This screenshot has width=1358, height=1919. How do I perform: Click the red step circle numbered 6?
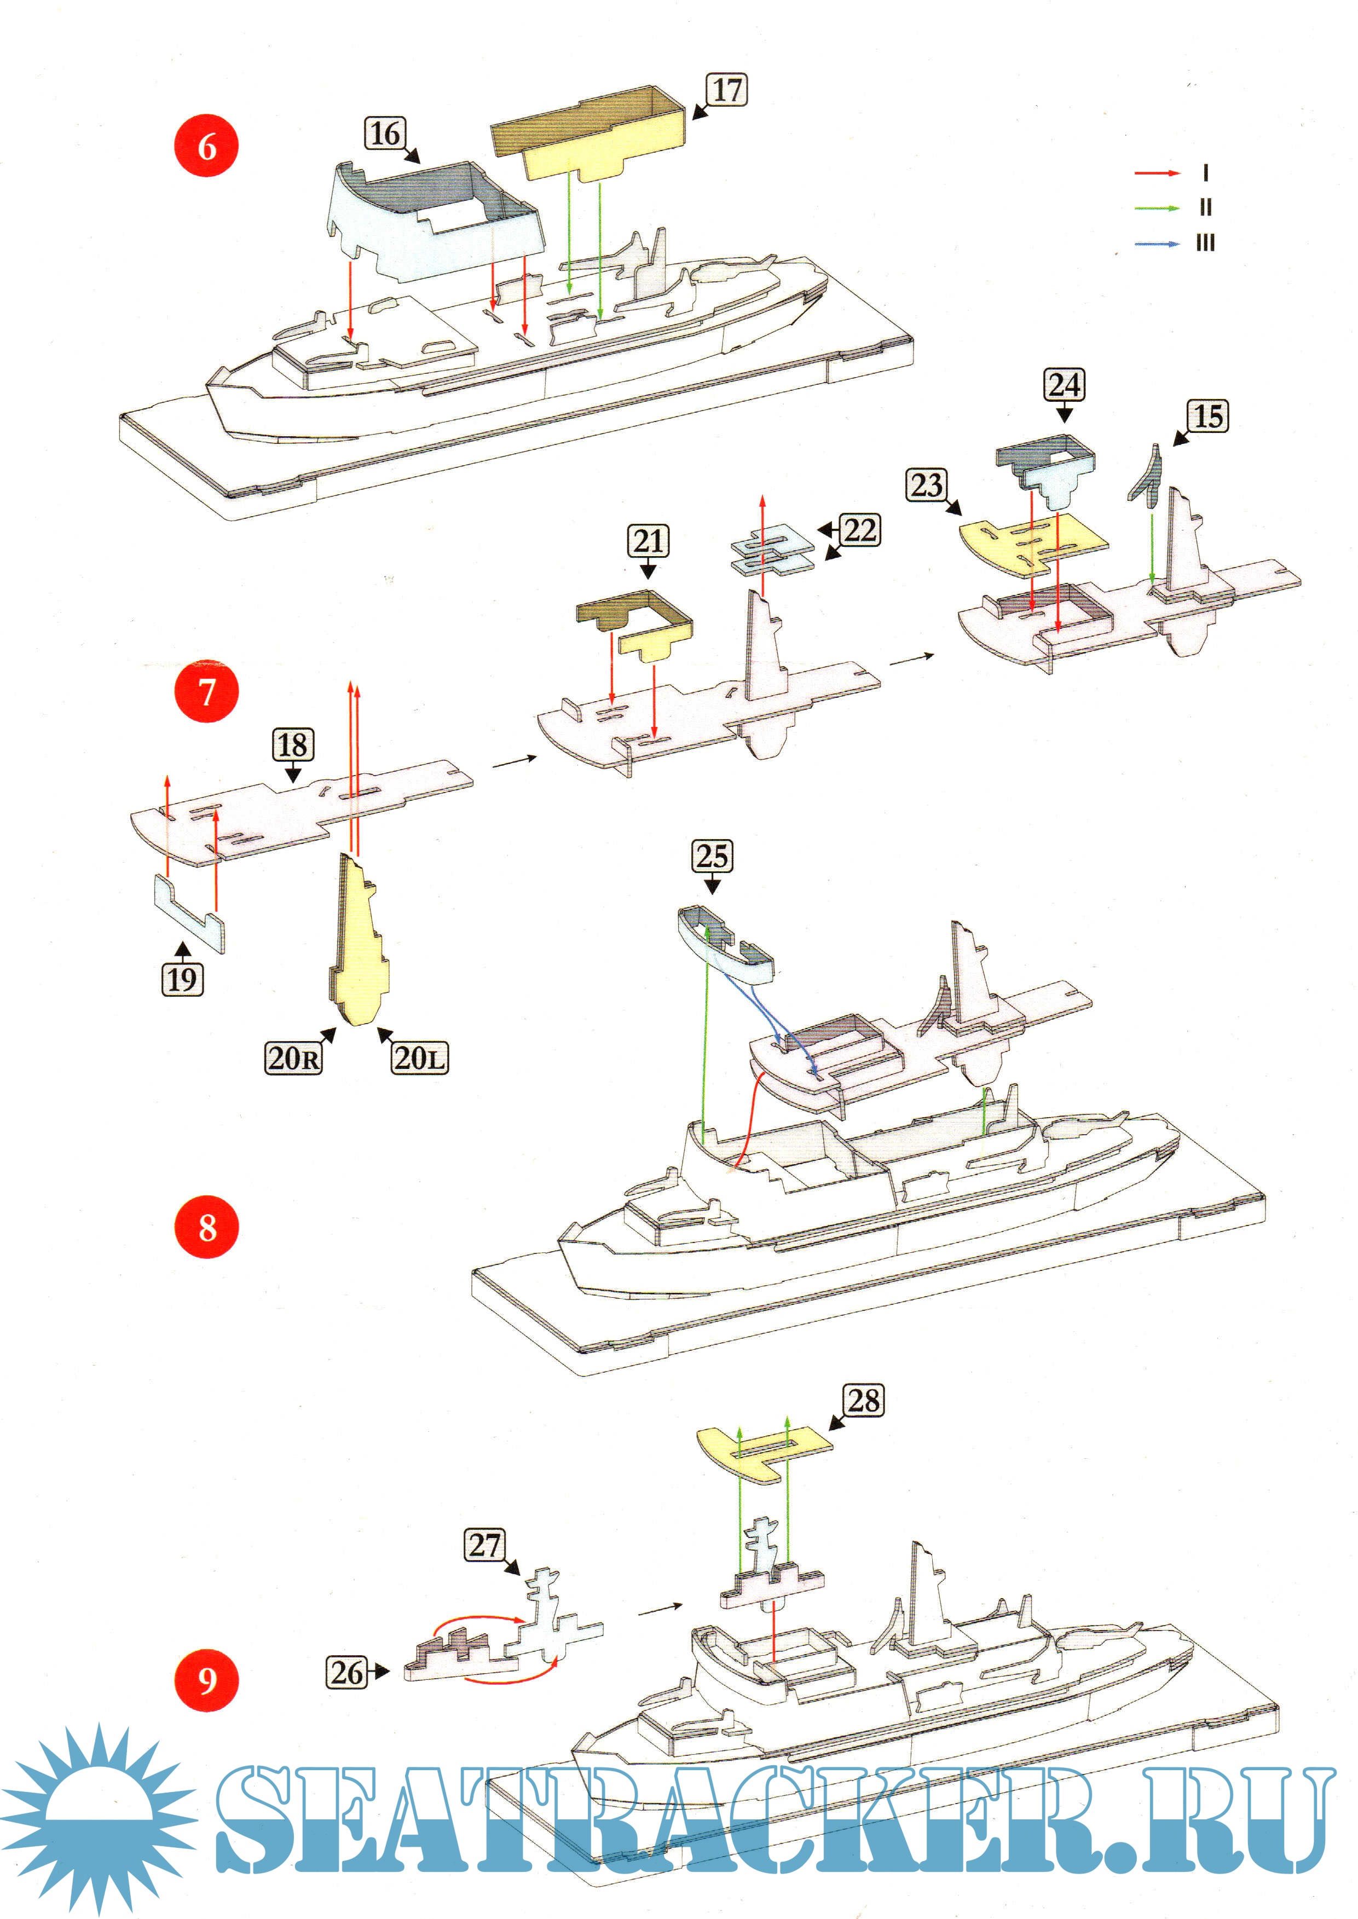tap(206, 146)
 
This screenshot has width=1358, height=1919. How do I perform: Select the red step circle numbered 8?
tap(206, 1228)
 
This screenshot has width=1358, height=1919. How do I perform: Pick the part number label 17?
tap(727, 89)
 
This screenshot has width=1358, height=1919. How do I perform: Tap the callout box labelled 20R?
tap(293, 1058)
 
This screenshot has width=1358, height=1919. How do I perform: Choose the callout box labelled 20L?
tap(419, 1058)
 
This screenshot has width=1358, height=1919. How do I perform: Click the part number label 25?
tap(712, 856)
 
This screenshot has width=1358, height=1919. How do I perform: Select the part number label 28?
tap(864, 1400)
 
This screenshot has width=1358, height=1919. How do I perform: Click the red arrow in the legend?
tap(1157, 173)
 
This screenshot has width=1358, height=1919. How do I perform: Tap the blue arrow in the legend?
tap(1157, 244)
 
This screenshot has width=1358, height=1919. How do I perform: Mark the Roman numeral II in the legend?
tap(1205, 207)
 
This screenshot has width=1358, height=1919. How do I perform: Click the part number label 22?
tap(859, 530)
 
